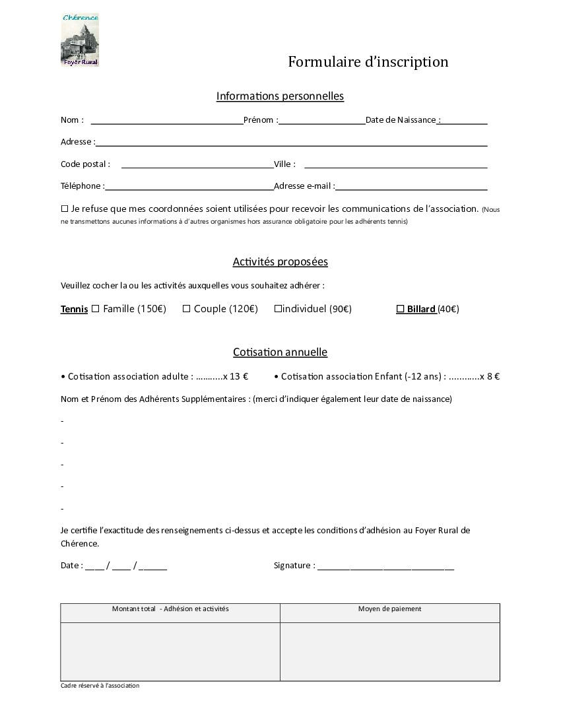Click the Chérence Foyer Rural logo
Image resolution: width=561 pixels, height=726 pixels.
pos(80,40)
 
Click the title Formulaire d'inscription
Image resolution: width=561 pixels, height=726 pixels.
pos(368,62)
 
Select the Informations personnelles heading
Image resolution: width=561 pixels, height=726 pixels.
pos(280,96)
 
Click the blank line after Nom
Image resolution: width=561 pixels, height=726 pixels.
pos(166,121)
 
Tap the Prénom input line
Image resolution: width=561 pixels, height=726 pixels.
pos(321,121)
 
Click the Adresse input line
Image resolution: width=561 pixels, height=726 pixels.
pos(291,143)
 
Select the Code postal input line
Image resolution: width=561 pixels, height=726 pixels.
pos(197,166)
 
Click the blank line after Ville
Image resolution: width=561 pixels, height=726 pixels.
pos(395,166)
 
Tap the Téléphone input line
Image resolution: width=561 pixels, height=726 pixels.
pos(189,187)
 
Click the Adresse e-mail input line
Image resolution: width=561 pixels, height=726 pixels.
pos(411,187)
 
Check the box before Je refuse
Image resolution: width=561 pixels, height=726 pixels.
pos(65,209)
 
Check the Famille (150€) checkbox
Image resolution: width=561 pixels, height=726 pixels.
pos(95,308)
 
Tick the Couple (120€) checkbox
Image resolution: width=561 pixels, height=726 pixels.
pos(186,308)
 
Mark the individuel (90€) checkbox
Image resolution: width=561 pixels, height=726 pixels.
pos(278,308)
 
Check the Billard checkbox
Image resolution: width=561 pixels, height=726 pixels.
pos(400,308)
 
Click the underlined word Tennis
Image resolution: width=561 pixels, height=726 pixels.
pos(74,309)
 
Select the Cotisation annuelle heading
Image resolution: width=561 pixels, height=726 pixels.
pos(280,352)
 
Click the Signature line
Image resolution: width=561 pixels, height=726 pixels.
pos(385,567)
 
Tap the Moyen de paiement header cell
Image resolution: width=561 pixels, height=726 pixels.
pos(389,609)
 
